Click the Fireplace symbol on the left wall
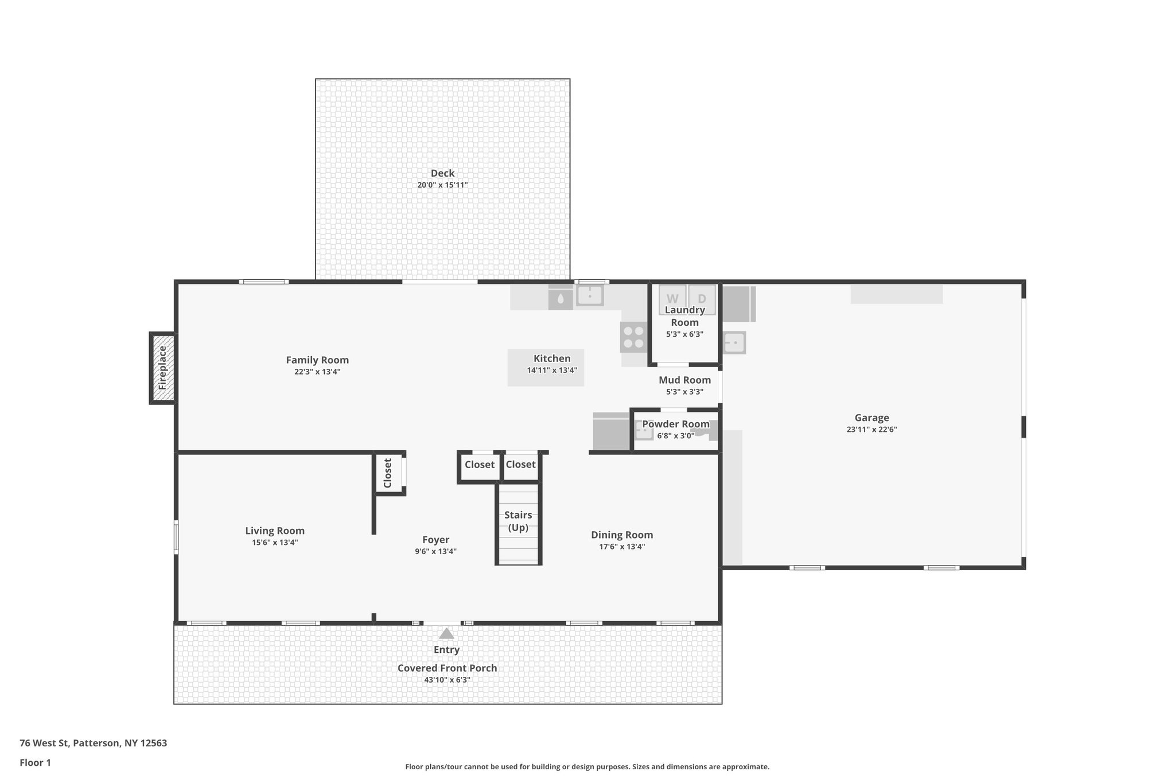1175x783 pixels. tap(162, 368)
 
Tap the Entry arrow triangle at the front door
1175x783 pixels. tap(446, 634)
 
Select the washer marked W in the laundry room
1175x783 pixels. tap(672, 298)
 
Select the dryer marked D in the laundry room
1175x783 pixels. tap(702, 298)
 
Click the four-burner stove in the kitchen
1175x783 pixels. tap(633, 337)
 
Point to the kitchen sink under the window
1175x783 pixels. tap(589, 295)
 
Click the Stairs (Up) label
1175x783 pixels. tap(518, 521)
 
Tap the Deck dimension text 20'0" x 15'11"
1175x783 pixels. tap(442, 185)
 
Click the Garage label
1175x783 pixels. tap(871, 418)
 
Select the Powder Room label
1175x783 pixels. tap(675, 424)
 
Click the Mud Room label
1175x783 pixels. tap(684, 380)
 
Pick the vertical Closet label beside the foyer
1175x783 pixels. tap(388, 473)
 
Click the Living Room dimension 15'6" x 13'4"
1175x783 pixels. tap(275, 543)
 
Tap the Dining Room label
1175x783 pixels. tap(622, 535)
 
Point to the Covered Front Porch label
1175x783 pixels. tap(447, 668)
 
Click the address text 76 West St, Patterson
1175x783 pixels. tap(93, 743)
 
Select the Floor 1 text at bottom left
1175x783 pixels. tap(35, 763)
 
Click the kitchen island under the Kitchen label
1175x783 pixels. tap(545, 379)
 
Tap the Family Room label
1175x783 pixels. tap(317, 360)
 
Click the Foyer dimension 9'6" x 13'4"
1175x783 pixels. tap(435, 552)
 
